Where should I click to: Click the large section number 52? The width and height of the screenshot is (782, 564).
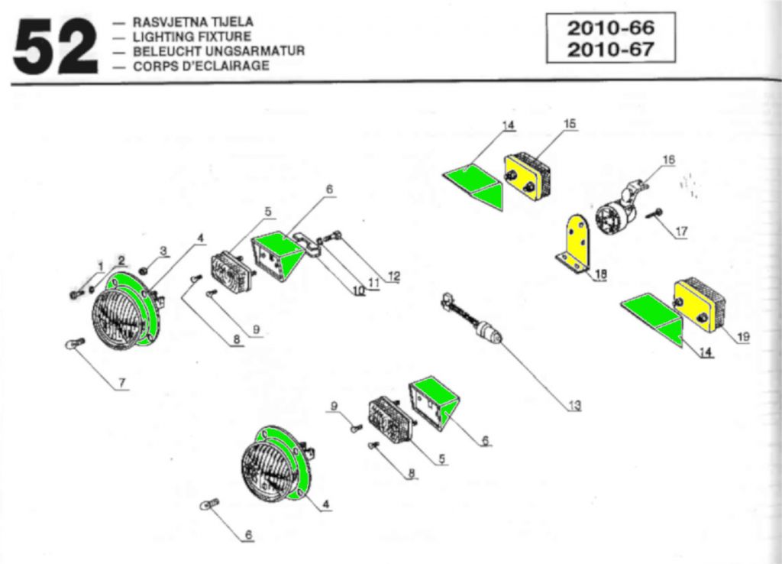(55, 47)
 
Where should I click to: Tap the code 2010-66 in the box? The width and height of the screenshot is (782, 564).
(610, 28)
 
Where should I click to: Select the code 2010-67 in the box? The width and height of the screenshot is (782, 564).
(610, 50)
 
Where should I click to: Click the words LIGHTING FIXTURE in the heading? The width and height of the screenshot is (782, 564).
(191, 37)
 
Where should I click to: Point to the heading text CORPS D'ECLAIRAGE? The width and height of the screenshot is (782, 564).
(201, 66)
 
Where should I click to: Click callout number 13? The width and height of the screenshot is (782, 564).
(574, 406)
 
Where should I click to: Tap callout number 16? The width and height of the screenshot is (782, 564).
(669, 160)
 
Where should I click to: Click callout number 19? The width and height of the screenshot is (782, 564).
(744, 336)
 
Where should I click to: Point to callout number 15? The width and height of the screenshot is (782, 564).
(570, 124)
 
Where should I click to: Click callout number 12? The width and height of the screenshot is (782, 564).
(393, 277)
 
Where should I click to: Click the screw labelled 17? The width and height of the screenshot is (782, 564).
(654, 212)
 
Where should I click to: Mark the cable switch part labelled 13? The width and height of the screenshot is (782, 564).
(473, 320)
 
